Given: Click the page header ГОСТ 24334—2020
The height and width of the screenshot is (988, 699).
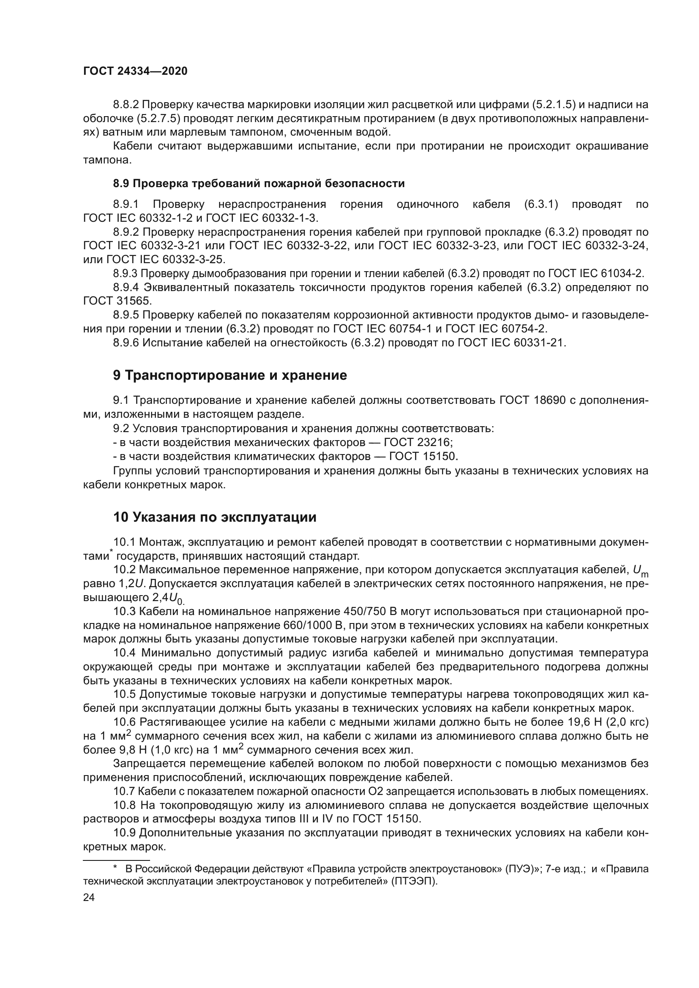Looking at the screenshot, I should click(135, 71).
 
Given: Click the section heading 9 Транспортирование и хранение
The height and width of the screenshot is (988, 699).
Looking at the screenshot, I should click(230, 375).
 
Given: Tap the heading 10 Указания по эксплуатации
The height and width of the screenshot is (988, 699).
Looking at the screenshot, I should click(214, 517).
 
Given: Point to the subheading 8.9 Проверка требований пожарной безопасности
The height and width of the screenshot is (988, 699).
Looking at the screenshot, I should click(259, 184).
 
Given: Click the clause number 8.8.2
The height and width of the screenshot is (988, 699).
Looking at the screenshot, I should click(126, 105).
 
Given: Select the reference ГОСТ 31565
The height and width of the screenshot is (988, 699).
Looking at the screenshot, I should click(117, 301).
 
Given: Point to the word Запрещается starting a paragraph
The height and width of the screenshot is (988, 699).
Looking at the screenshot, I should click(142, 764).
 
